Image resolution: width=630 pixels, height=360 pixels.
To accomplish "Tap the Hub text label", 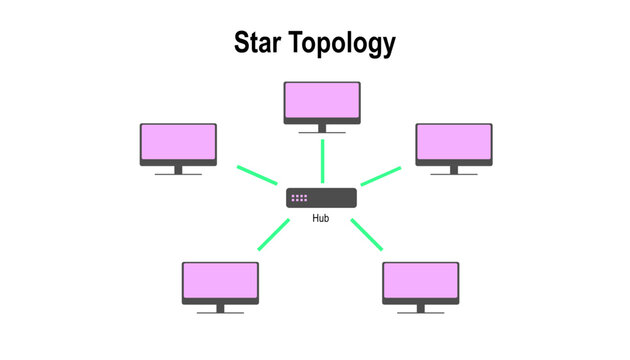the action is (321, 218).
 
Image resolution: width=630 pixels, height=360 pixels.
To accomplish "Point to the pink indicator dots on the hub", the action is (299, 198).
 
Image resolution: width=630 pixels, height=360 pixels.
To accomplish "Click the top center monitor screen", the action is (322, 101).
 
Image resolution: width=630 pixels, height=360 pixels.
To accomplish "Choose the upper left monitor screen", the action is (178, 142).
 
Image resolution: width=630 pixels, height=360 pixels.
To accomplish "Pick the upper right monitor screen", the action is (454, 142).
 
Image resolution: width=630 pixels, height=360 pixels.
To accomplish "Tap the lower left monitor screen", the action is (220, 281).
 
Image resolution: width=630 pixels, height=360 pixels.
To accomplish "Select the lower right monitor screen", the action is (421, 281).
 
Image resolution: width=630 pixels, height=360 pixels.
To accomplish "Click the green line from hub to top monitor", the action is (322, 160).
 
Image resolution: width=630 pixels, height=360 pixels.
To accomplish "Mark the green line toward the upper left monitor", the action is (256, 175).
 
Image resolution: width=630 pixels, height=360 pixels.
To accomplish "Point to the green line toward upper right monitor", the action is (380, 175).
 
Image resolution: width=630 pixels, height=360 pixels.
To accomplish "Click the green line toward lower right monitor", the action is (367, 233).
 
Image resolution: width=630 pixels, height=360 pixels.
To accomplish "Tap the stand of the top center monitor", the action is (322, 129).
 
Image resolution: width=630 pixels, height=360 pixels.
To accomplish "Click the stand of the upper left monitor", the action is (178, 170).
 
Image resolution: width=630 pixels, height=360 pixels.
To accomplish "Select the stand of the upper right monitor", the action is (454, 170).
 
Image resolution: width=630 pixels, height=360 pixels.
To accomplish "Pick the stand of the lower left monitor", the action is (220, 309).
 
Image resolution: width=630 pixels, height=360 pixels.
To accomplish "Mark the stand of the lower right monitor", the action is (421, 309).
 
